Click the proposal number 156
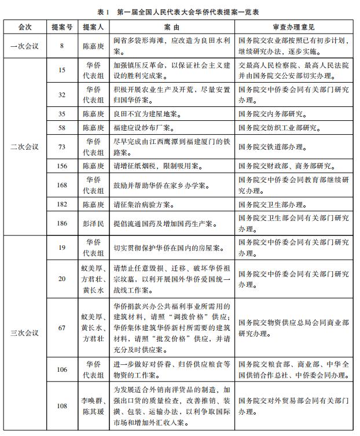tap(62, 166)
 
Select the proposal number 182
tap(62, 204)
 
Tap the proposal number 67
tap(62, 328)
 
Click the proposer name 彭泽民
tap(93, 223)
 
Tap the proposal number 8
tap(62, 45)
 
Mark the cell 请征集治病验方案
tap(139, 204)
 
